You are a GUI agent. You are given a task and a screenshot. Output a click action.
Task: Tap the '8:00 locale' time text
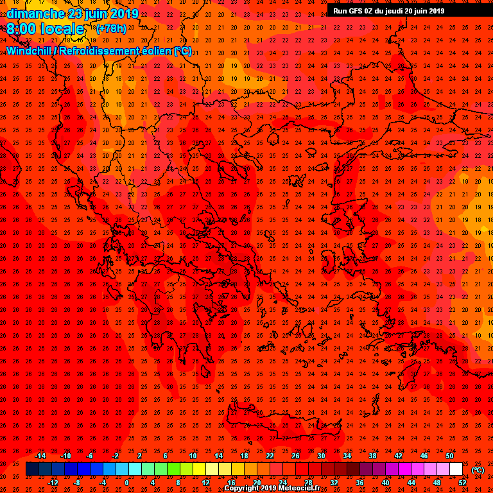tap(46, 29)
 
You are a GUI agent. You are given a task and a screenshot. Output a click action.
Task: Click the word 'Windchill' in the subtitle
tap(30, 51)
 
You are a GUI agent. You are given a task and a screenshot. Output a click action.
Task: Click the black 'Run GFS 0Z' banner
tap(388, 10)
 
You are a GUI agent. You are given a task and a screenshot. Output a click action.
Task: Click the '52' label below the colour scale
tap(462, 482)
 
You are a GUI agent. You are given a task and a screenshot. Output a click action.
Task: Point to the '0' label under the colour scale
tap(126, 482)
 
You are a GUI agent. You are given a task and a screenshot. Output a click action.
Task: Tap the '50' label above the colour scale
tap(449, 456)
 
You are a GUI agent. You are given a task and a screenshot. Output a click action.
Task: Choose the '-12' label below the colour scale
tap(53, 482)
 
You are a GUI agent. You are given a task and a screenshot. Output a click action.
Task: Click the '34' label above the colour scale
tap(347, 456)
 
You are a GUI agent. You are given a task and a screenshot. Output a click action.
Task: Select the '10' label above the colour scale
tap(193, 456)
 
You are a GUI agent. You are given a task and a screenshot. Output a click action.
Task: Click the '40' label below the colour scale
tap(385, 482)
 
